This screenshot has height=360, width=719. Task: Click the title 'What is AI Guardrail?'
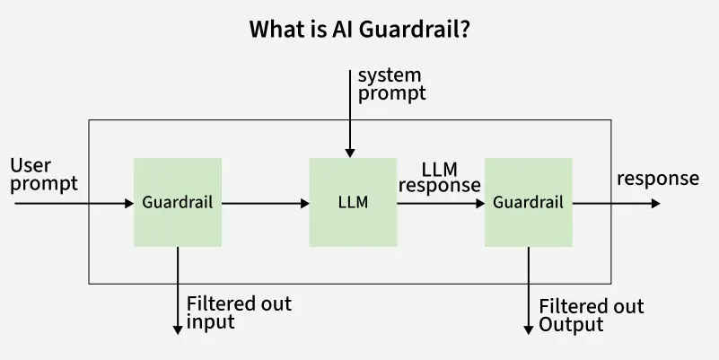[x=359, y=30]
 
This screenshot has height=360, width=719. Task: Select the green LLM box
[x=353, y=203]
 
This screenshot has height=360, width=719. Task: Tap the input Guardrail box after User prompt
[x=178, y=203]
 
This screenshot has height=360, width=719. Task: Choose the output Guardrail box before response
[x=528, y=203]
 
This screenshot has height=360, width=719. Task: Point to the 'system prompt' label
[x=390, y=83]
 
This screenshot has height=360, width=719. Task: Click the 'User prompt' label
[x=44, y=175]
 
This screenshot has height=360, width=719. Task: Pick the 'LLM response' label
[x=439, y=177]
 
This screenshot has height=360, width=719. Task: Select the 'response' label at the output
[x=657, y=179]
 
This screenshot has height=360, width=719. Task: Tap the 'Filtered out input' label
[x=239, y=312]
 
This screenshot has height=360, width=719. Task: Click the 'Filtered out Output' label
[x=591, y=315]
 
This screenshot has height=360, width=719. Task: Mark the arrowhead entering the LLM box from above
[x=350, y=153]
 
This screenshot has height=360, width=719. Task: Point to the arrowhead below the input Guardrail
[x=178, y=329]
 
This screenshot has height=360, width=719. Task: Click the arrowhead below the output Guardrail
[x=528, y=329]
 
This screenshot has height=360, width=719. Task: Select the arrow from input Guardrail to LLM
[x=265, y=204]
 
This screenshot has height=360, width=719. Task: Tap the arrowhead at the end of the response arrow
[x=655, y=204]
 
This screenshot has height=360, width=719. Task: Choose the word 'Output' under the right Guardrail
[x=571, y=325]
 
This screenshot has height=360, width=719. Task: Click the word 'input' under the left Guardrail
[x=210, y=322]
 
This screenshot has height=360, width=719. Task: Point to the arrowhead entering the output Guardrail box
[x=479, y=204]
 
